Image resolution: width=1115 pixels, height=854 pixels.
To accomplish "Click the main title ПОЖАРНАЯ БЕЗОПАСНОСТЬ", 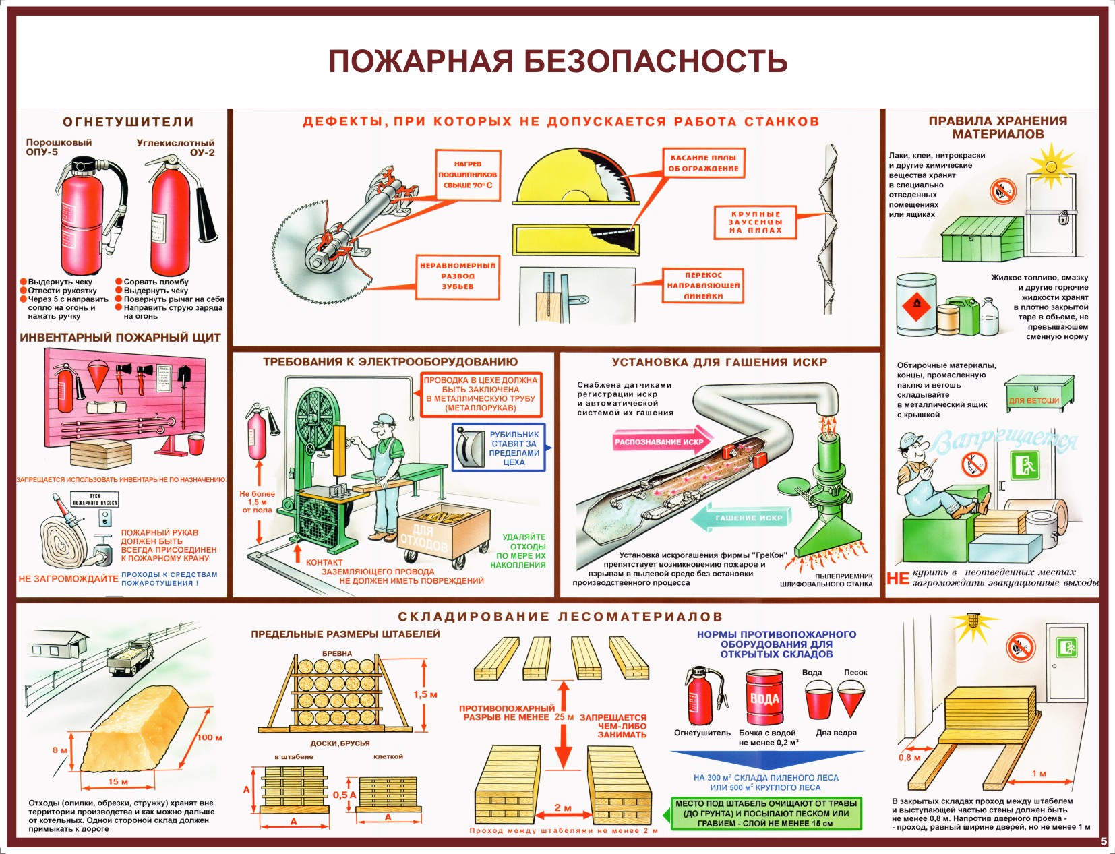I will (x=557, y=61).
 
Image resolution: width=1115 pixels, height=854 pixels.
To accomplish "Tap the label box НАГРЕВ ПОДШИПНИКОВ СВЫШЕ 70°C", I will (x=468, y=175).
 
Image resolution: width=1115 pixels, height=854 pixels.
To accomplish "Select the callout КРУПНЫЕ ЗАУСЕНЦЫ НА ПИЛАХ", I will (x=755, y=222).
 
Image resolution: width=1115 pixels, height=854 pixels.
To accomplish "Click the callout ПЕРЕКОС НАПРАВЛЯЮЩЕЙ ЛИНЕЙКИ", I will (x=703, y=285).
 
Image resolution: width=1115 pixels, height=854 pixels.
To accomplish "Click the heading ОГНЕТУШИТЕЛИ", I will (x=128, y=122).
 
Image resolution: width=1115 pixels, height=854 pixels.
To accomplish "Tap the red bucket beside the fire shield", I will (x=196, y=444).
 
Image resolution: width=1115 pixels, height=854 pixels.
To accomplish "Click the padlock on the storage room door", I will (x=1064, y=218).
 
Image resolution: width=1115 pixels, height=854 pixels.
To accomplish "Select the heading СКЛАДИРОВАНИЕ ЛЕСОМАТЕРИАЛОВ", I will (x=560, y=617).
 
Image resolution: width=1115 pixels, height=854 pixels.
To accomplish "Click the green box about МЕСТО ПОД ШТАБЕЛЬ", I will (x=766, y=813).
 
